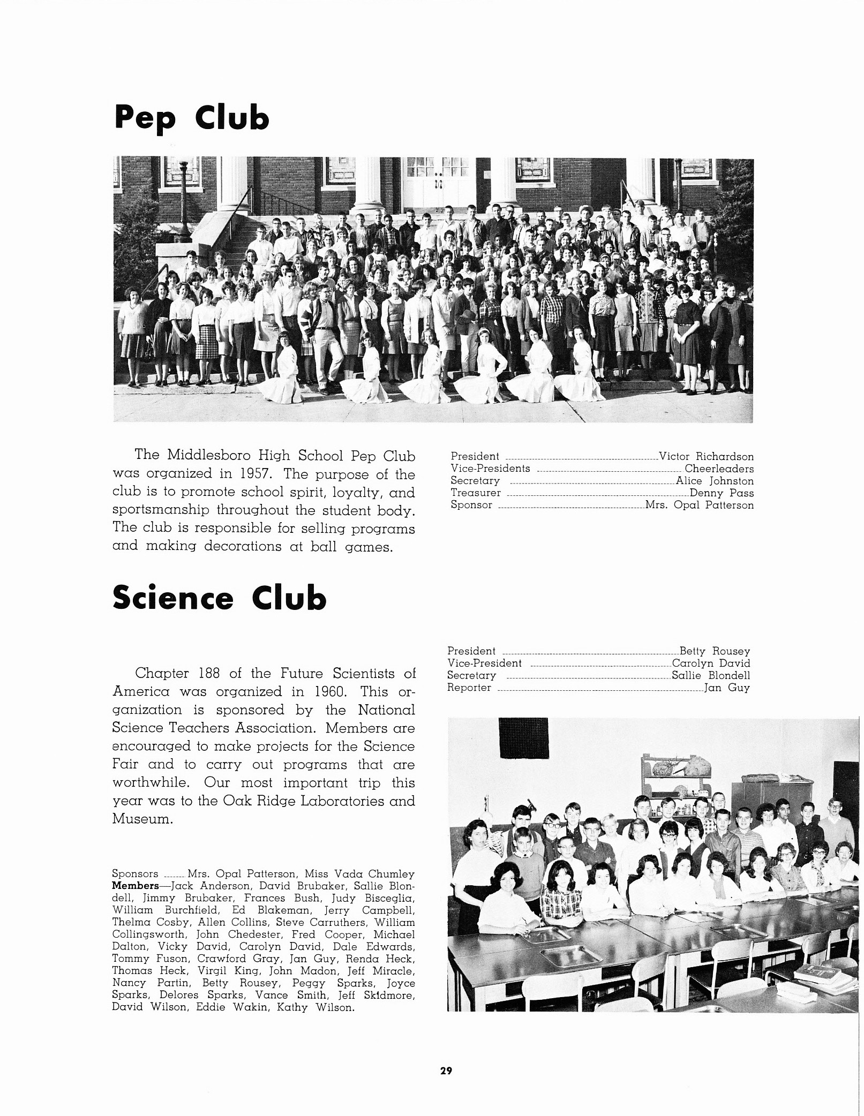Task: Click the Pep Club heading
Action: pos(191,119)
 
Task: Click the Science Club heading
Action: pos(219,598)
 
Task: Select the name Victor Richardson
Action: pos(706,457)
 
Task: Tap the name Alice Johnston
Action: pos(715,481)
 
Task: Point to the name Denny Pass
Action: pos(722,493)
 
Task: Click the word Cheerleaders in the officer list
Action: pos(719,469)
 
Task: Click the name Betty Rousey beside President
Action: pos(715,651)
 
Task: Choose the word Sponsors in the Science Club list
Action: pos(135,874)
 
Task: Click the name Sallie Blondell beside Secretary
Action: pos(711,676)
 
